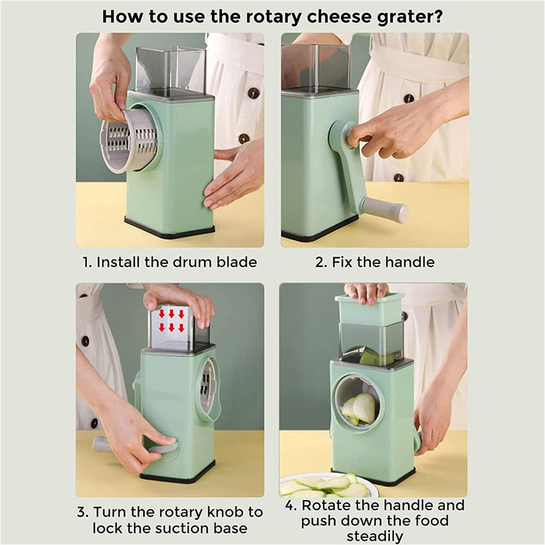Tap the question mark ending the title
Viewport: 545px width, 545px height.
tap(437, 16)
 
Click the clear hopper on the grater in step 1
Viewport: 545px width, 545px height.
tap(170, 69)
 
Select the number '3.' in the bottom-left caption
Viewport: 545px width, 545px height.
tap(82, 512)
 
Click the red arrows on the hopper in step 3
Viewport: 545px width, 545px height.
tap(171, 320)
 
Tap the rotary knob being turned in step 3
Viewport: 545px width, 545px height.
tap(163, 448)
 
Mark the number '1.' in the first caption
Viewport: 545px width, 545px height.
tap(87, 262)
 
